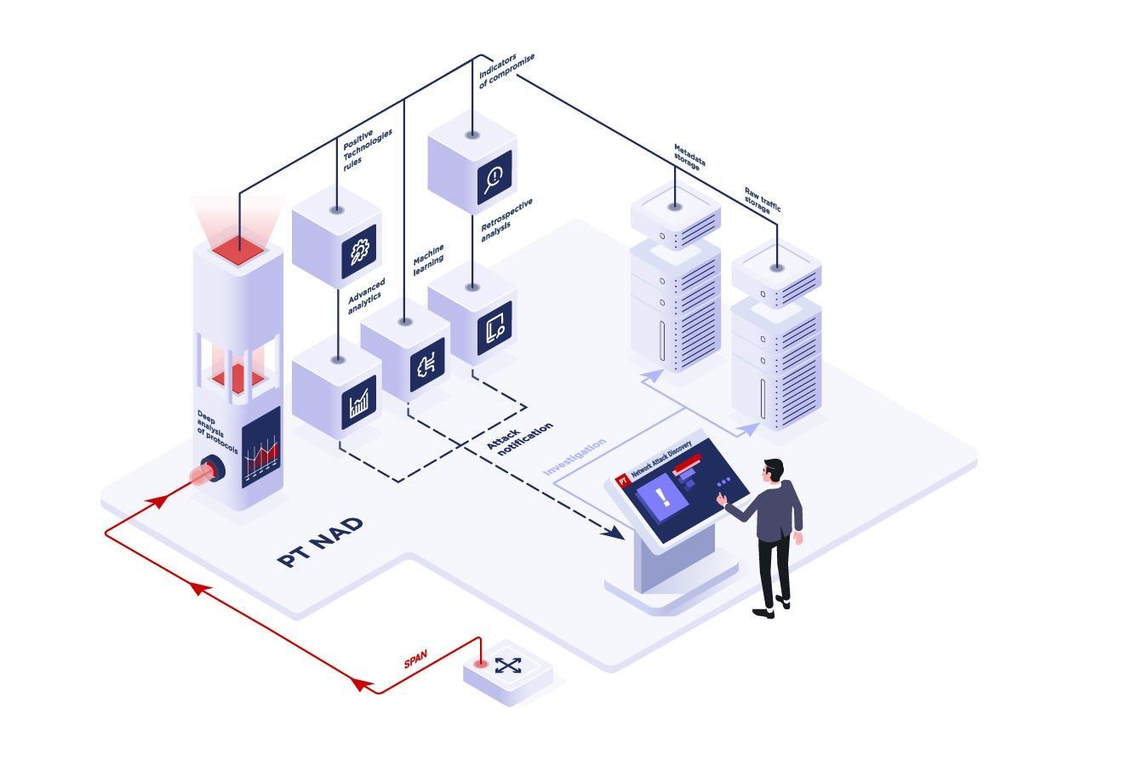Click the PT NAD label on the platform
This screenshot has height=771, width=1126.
320,542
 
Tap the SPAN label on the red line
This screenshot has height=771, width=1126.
415,659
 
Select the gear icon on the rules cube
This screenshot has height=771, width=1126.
359,251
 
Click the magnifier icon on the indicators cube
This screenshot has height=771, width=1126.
494,178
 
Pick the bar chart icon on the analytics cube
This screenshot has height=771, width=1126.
359,402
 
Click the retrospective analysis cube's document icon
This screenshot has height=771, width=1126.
495,328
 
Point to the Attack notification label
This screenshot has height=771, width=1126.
519,439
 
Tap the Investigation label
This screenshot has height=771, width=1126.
574,456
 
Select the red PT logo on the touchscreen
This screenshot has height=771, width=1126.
622,480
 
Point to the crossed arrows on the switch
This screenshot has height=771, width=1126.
508,665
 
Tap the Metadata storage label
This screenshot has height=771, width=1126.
689,157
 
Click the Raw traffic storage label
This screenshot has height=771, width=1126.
762,201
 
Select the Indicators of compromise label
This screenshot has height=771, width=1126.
506,71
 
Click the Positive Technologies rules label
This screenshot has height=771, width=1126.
367,150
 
